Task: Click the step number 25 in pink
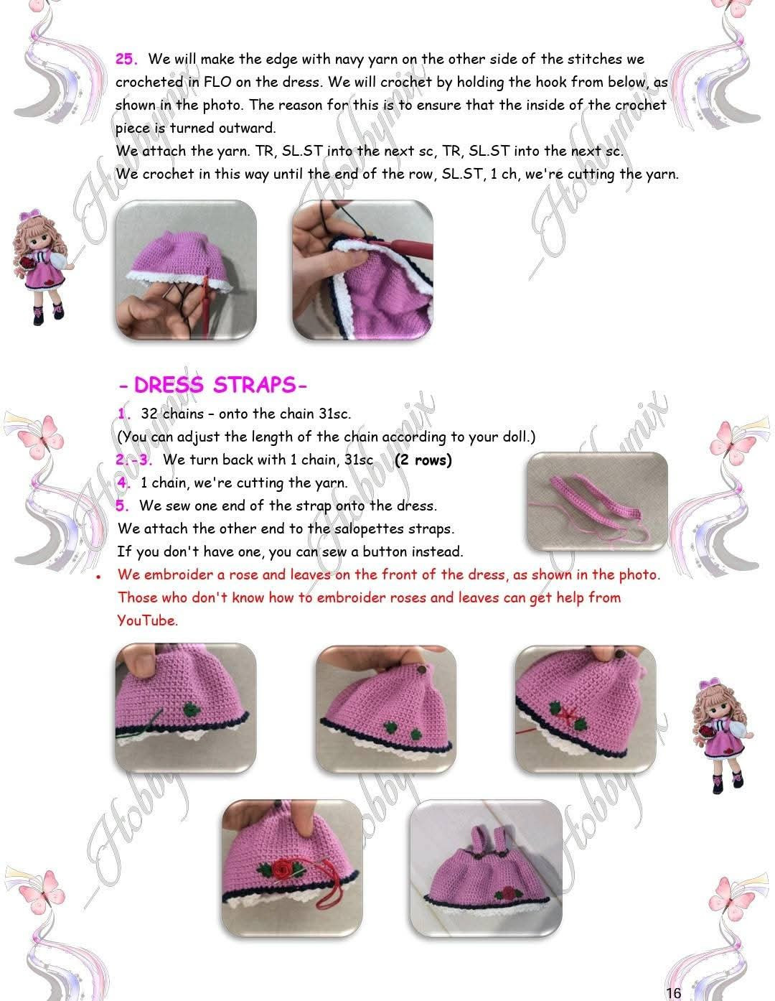[x=126, y=59]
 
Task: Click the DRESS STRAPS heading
[x=213, y=385]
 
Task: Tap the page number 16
[x=673, y=993]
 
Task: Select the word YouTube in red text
[x=146, y=620]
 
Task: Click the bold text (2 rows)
[x=423, y=460]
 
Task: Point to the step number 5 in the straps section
[x=123, y=506]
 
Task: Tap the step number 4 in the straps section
[x=123, y=483]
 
